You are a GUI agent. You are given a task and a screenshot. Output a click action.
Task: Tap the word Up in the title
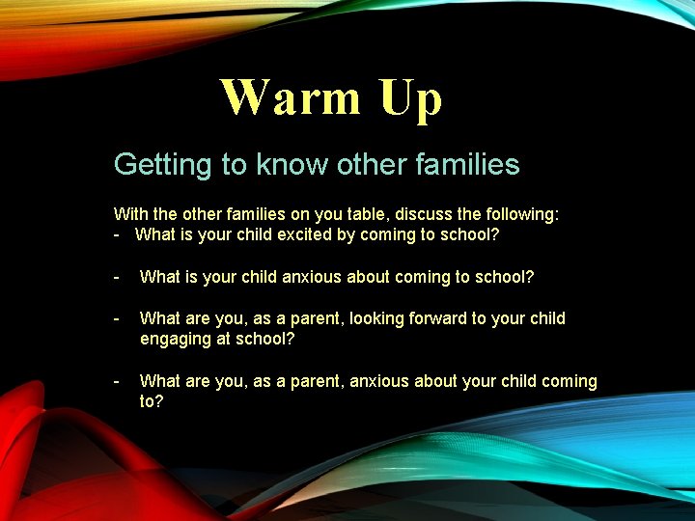click(410, 98)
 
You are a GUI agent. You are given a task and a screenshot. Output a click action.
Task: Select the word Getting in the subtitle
click(164, 165)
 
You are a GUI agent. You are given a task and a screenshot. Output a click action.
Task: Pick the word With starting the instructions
click(130, 214)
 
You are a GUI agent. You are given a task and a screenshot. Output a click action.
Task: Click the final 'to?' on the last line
click(152, 401)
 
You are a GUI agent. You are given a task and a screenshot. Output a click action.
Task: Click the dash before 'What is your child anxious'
click(117, 277)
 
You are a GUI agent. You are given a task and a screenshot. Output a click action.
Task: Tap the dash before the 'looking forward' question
click(117, 318)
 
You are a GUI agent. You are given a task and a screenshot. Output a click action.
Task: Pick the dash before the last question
click(117, 381)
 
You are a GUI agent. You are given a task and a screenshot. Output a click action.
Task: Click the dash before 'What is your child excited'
click(117, 234)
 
